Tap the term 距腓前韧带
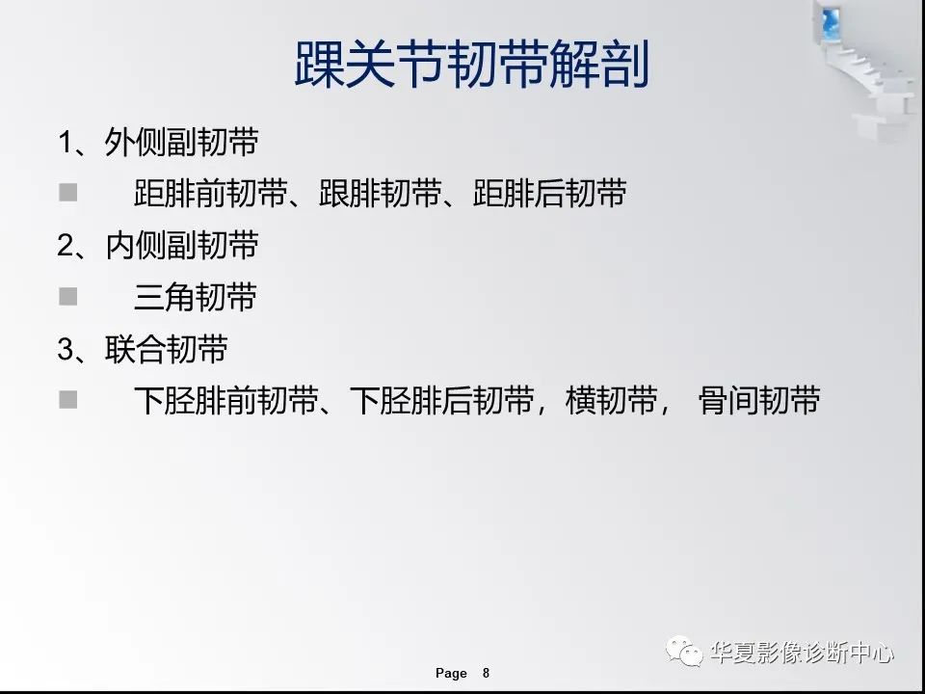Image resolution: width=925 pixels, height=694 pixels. [x=211, y=195]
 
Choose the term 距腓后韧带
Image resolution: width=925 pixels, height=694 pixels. [x=550, y=195]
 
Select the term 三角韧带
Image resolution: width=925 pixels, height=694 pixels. [x=196, y=298]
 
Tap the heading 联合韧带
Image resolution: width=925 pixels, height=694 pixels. [x=165, y=349]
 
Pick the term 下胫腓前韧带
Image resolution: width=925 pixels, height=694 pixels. [x=226, y=401]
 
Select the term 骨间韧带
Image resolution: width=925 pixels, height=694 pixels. [x=758, y=401]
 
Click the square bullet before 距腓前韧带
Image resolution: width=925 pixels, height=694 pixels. [x=67, y=194]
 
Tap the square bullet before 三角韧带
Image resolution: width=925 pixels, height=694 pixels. [x=67, y=297]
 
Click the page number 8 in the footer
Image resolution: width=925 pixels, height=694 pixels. [x=486, y=673]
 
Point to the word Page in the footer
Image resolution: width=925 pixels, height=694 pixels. [x=451, y=673]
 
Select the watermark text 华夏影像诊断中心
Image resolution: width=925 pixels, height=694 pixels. [x=802, y=654]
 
